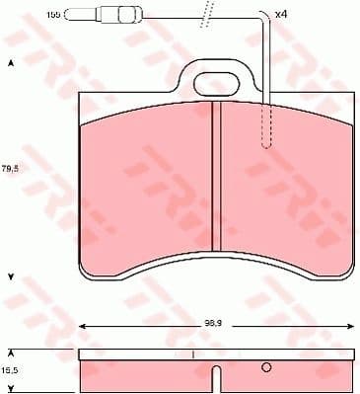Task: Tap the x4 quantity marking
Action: (280, 14)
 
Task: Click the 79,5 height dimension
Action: (12, 166)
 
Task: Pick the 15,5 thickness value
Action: (12, 367)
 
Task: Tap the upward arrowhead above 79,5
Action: (12, 63)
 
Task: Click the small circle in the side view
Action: (265, 368)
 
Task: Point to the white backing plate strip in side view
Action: (138, 353)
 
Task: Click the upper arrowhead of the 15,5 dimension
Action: (12, 351)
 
